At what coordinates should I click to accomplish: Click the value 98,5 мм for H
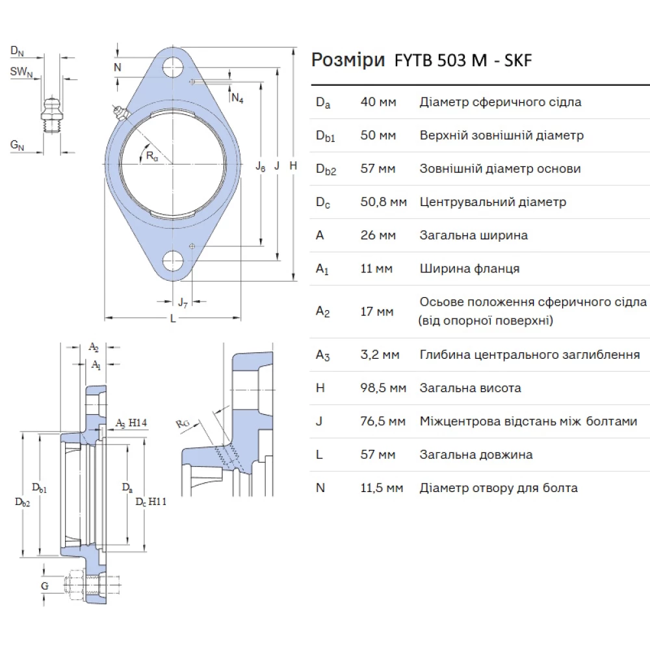click(383, 388)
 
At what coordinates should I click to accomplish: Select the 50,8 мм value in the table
click(383, 202)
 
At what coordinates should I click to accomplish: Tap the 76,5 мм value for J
click(383, 421)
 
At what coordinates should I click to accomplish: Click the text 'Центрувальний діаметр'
click(493, 202)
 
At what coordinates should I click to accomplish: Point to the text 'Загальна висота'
click(470, 388)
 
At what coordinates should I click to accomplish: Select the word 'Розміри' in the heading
click(348, 60)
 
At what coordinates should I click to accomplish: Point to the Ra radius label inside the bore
click(151, 155)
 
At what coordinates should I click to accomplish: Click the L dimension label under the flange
click(172, 318)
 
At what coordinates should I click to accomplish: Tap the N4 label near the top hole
click(237, 98)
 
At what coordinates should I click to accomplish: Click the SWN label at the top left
click(21, 72)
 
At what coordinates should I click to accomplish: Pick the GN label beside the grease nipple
click(18, 146)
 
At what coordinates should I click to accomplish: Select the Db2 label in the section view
click(23, 501)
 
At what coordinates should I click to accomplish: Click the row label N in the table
click(320, 487)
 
